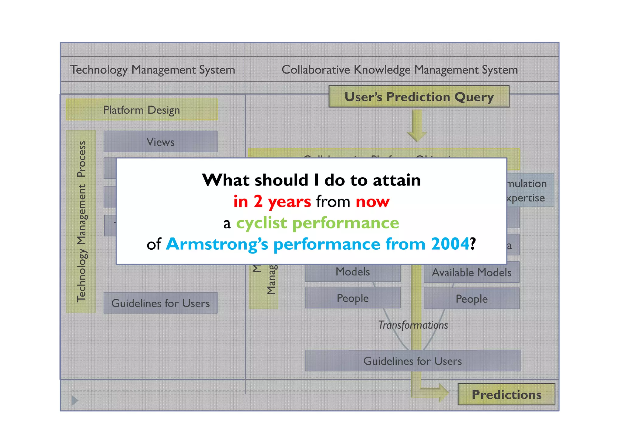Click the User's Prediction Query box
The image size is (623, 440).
click(419, 97)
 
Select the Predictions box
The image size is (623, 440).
click(506, 394)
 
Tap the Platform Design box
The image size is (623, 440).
click(141, 110)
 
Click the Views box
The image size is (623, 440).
click(160, 142)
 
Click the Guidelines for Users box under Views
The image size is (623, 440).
click(160, 303)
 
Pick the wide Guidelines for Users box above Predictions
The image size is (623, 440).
click(412, 361)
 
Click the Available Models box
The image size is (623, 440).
click(471, 272)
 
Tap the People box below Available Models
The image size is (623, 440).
click(471, 299)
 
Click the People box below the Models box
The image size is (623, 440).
click(352, 298)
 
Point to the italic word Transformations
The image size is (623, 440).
click(413, 325)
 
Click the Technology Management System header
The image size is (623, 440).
click(153, 70)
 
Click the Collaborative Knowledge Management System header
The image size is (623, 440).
click(399, 70)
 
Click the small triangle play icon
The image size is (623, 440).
click(75, 400)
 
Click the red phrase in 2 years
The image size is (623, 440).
click(272, 201)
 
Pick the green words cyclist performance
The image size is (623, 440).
click(317, 223)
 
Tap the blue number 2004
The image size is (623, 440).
click(450, 244)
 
